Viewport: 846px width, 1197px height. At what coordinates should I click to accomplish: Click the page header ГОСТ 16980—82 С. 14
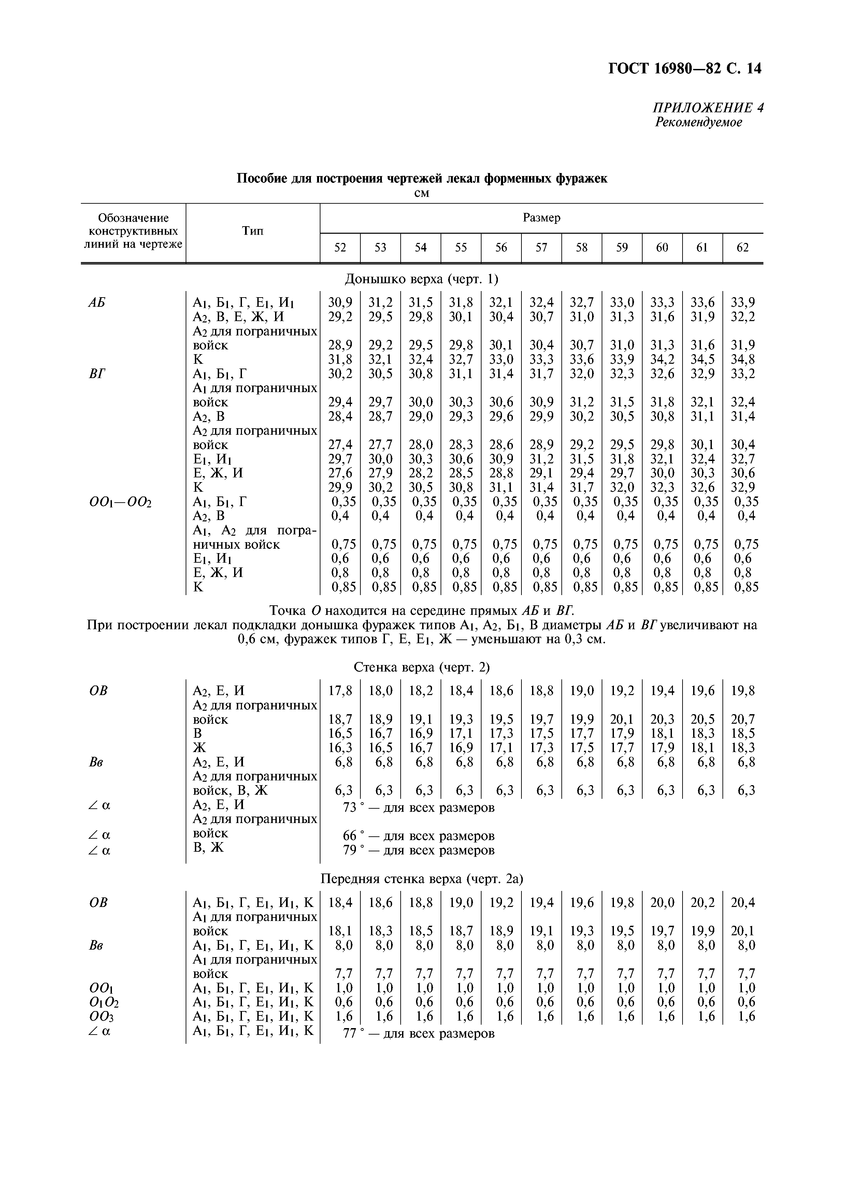pyautogui.click(x=685, y=68)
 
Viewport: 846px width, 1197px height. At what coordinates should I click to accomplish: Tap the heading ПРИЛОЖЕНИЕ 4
pyautogui.click(x=708, y=108)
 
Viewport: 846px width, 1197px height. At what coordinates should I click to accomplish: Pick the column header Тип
pyautogui.click(x=253, y=231)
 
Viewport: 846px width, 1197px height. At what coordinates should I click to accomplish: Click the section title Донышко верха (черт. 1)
pyautogui.click(x=422, y=279)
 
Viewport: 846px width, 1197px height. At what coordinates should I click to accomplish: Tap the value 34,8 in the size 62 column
pyautogui.click(x=743, y=360)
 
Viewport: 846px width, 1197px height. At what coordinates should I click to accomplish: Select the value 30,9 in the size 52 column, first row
pyautogui.click(x=340, y=302)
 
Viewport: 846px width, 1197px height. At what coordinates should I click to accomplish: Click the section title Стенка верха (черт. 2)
pyautogui.click(x=422, y=667)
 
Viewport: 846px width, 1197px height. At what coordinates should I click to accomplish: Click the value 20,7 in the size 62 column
pyautogui.click(x=743, y=719)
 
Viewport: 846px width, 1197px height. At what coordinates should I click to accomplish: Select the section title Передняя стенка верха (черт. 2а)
pyautogui.click(x=422, y=879)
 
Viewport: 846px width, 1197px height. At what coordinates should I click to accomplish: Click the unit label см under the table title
pyautogui.click(x=422, y=193)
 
